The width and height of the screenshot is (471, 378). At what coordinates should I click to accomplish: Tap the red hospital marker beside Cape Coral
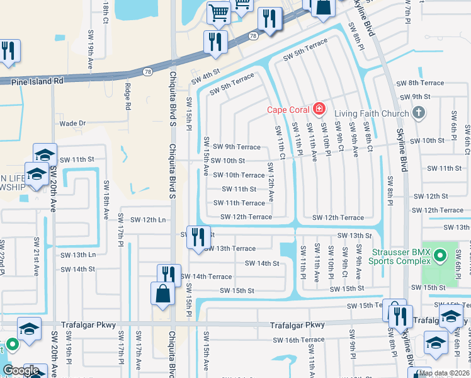coord(319,109)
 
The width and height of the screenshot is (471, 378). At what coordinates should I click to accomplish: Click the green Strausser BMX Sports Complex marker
coord(440,256)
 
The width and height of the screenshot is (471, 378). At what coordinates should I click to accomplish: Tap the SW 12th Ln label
coord(147,220)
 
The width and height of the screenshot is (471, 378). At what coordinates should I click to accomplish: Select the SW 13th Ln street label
coord(78,255)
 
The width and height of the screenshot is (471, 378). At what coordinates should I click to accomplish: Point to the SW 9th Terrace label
coord(236,147)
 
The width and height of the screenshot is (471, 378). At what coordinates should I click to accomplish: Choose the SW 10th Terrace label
coord(239,175)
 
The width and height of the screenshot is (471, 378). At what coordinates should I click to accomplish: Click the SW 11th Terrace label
coord(239,203)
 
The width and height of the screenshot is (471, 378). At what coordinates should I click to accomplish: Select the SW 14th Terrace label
coord(206,276)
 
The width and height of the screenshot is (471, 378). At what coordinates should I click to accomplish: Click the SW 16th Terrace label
coord(304,340)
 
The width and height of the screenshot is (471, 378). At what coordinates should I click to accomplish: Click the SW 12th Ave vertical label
coord(271,182)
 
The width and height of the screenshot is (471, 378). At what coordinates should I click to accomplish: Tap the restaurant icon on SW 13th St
coord(198,237)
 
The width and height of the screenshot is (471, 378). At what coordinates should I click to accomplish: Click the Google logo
coord(21,370)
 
